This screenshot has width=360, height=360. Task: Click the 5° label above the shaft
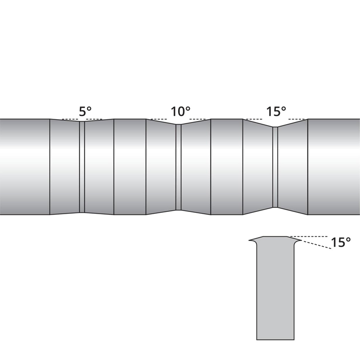coord(85,112)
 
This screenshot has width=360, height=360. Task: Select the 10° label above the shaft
coord(180,112)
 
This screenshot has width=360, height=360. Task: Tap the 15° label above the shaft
coord(275,112)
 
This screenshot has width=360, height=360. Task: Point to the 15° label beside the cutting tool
coord(341,242)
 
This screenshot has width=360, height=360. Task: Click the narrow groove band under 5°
coord(82,166)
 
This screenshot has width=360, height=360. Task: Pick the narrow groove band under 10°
coord(178,166)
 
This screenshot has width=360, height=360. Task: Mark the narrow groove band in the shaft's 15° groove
coord(275,166)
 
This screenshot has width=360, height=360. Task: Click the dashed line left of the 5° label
coord(69,119)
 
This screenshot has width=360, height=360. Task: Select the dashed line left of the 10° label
coord(158,119)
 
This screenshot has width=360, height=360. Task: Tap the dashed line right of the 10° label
coord(199,119)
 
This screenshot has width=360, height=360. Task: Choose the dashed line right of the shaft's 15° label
coord(297,119)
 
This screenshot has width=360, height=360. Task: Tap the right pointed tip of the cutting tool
coord(300,240)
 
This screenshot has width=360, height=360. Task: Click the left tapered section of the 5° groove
coord(64,166)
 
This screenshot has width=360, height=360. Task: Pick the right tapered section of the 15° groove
coord(292,166)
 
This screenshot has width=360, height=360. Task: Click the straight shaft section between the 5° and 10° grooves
coord(130,166)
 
